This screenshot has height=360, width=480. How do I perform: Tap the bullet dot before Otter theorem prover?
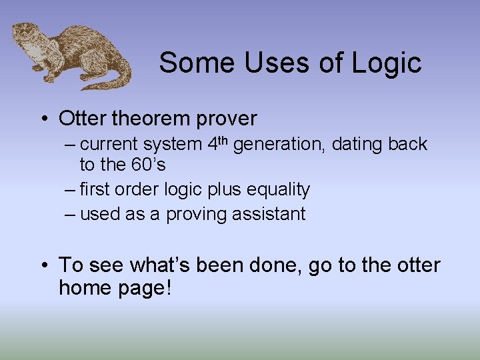point(43,119)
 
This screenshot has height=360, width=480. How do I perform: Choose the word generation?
point(279,144)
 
